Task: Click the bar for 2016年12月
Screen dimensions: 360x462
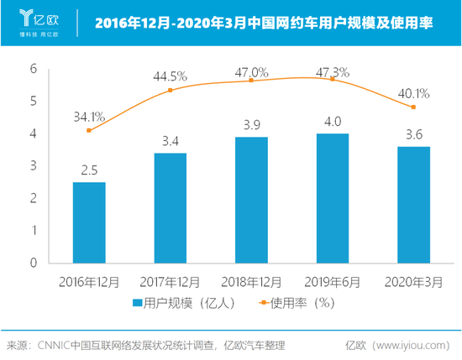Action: [x=89, y=222]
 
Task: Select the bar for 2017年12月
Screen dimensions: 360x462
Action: [x=170, y=207]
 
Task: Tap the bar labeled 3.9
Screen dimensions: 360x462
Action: [x=251, y=199]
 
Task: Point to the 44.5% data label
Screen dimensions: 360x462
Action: [x=170, y=76]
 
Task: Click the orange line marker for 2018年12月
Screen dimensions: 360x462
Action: [x=251, y=81]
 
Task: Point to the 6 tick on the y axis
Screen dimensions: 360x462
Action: [x=34, y=69]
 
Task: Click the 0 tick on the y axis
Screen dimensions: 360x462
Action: [x=34, y=263]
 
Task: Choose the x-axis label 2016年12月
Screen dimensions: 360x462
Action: [x=89, y=279]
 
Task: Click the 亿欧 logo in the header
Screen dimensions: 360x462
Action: [x=34, y=19]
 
